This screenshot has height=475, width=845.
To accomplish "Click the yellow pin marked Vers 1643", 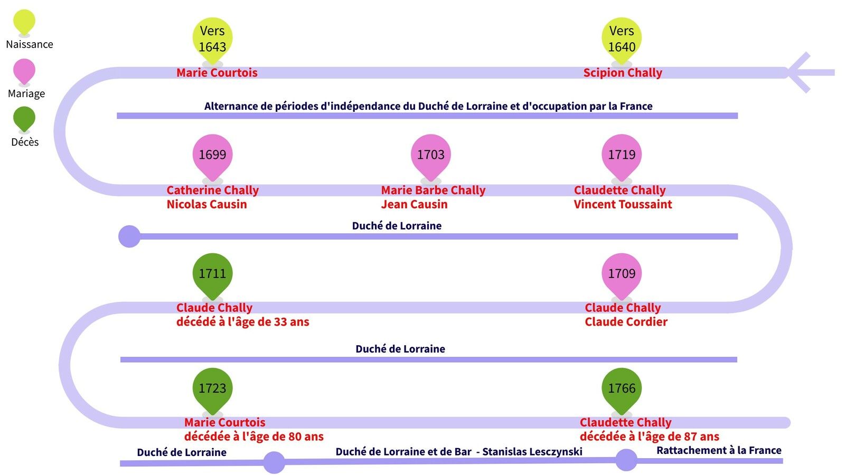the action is point(212,40).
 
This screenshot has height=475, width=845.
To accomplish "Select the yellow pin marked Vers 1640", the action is point(622,40).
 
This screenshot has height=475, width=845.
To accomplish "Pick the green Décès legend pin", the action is point(24,119).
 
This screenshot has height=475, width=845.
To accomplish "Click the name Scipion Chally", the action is point(623,73).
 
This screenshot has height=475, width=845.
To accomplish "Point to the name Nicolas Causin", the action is point(206,204).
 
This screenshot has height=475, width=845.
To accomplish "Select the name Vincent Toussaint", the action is point(623,204).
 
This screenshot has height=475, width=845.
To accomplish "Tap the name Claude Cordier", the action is point(626,322).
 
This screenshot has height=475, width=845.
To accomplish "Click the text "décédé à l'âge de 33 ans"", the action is point(243,322).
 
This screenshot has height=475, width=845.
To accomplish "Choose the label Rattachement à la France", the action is point(719,451).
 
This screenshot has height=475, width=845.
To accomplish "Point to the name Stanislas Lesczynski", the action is point(532,452).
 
